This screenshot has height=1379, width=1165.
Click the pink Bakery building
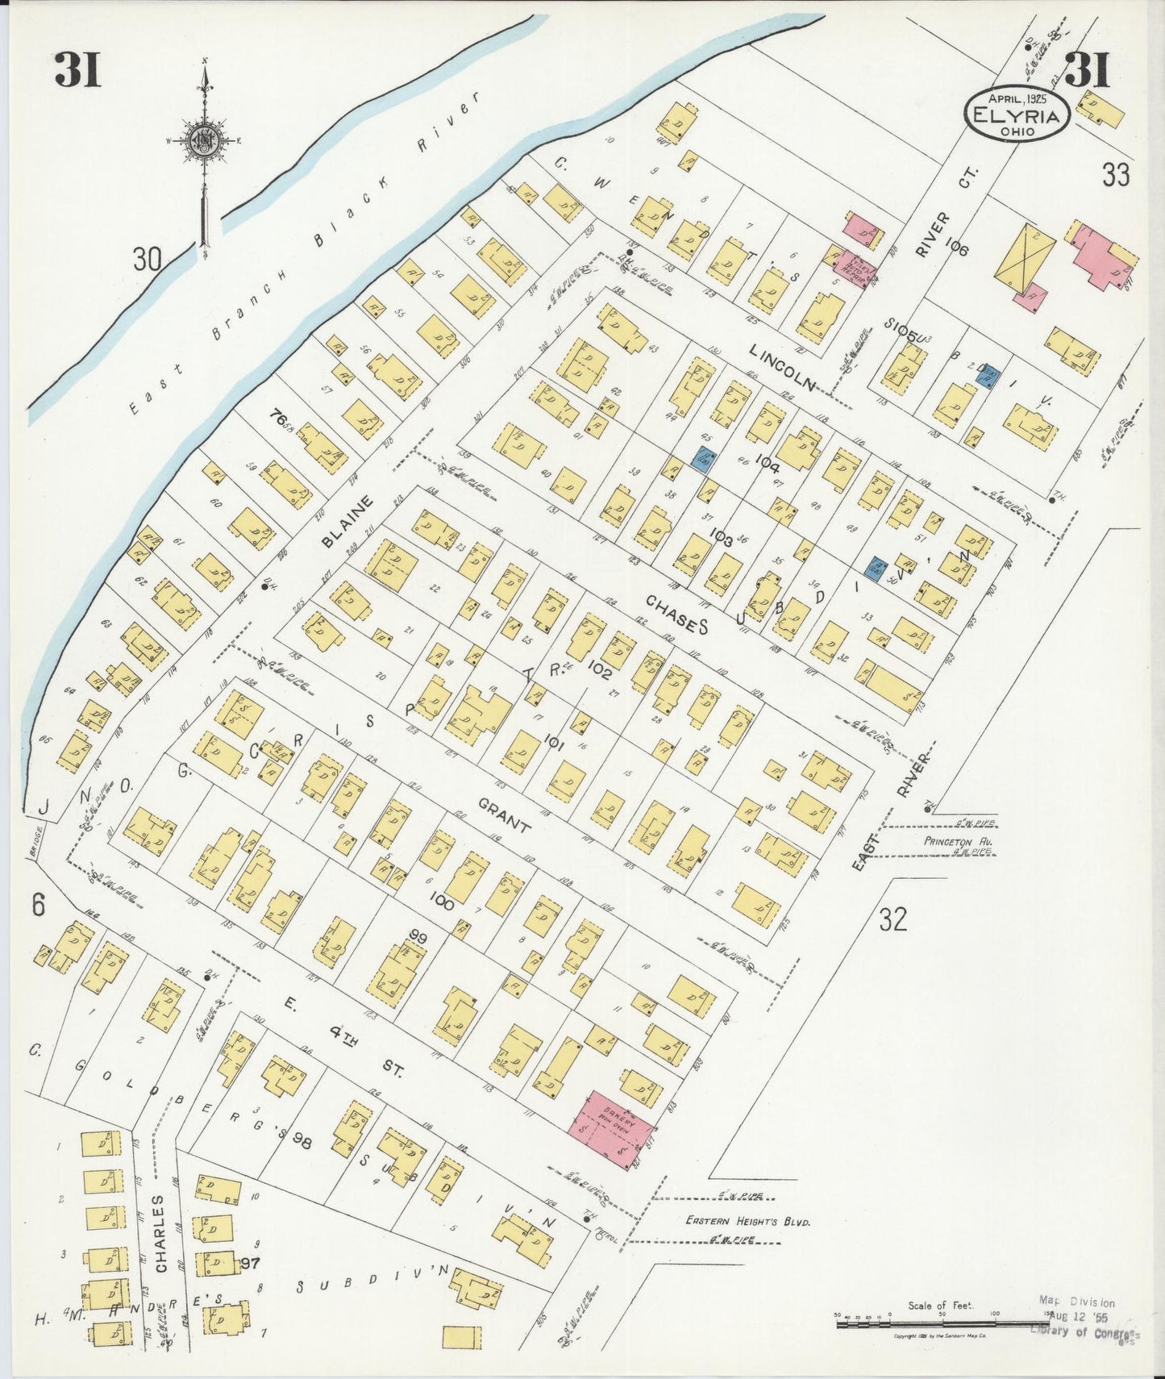pyautogui.click(x=611, y=1126)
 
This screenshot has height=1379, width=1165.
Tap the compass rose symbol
pyautogui.click(x=201, y=142)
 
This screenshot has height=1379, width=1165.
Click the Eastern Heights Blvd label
pyautogui.click(x=747, y=1221)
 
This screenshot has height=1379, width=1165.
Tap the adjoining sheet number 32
pyautogui.click(x=892, y=919)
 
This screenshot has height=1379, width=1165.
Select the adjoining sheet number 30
pyautogui.click(x=147, y=260)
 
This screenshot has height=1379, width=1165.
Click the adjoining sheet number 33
pyautogui.click(x=1115, y=175)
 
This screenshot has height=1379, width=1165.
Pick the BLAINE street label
pyautogui.click(x=347, y=522)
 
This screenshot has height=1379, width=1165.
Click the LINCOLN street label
pyautogui.click(x=781, y=365)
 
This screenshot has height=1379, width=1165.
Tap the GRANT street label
pyautogui.click(x=504, y=815)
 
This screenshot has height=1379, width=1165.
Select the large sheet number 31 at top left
pyautogui.click(x=77, y=69)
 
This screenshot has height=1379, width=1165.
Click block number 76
pyautogui.click(x=278, y=418)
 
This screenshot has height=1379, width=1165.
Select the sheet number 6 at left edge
pyautogui.click(x=38, y=906)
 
